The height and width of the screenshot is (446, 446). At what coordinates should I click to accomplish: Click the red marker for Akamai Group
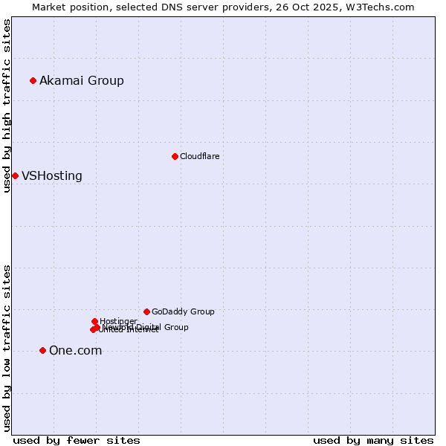33,80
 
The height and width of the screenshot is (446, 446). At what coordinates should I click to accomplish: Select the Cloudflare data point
175,156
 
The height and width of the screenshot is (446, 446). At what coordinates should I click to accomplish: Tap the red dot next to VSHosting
15,175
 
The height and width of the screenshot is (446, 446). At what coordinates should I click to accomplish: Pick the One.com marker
42,350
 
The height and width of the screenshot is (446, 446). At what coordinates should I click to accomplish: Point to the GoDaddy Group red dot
146,311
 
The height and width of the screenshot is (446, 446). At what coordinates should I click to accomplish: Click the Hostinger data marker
94,321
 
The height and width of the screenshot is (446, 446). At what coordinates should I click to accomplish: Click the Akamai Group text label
82,80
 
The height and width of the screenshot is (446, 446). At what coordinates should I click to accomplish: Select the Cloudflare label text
199,156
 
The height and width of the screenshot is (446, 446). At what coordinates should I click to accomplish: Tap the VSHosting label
52,176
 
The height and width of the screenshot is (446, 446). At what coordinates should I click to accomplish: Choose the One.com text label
75,351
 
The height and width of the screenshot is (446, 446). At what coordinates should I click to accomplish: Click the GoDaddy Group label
183,312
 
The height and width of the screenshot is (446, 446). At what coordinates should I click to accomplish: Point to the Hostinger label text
118,321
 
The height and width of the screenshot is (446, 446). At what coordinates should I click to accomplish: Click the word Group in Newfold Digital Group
176,327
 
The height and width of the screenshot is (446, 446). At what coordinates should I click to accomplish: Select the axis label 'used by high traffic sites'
7,106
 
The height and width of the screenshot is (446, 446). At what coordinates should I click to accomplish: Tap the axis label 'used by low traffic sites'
7,348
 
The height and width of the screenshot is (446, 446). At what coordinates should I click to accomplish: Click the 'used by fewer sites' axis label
77,440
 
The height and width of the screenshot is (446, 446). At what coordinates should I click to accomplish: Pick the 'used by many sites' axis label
373,440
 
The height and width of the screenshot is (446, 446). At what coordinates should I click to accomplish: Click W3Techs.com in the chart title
382,7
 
